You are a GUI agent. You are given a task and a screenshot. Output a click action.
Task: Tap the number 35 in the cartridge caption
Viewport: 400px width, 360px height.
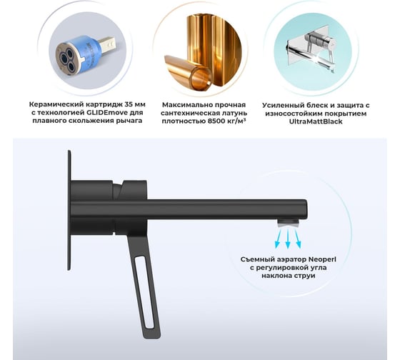[x=129, y=104]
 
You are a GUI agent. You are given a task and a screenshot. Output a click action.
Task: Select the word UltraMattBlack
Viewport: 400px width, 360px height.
[x=316, y=121]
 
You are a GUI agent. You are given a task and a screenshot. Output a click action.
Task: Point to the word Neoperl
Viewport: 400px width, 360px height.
[x=322, y=260]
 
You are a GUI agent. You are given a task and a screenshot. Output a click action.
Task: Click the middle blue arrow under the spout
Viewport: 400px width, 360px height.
[x=288, y=239]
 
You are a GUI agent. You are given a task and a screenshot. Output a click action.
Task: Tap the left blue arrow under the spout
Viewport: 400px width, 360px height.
[x=279, y=239]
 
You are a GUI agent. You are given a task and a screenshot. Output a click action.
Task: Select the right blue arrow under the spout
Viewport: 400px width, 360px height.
[x=297, y=239]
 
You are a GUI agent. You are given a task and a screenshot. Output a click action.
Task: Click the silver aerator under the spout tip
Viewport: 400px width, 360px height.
[x=289, y=223]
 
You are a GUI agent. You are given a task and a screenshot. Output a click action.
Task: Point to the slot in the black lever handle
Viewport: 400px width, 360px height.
[x=144, y=292]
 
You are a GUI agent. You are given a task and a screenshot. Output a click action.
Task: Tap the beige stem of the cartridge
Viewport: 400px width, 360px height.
[x=108, y=45]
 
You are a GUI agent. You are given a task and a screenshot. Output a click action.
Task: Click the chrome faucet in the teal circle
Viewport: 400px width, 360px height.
[x=313, y=50]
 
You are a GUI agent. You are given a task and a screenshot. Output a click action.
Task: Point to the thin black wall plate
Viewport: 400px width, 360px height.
[x=69, y=210]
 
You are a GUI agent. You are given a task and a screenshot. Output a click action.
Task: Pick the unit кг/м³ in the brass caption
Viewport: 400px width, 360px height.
[x=236, y=121]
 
